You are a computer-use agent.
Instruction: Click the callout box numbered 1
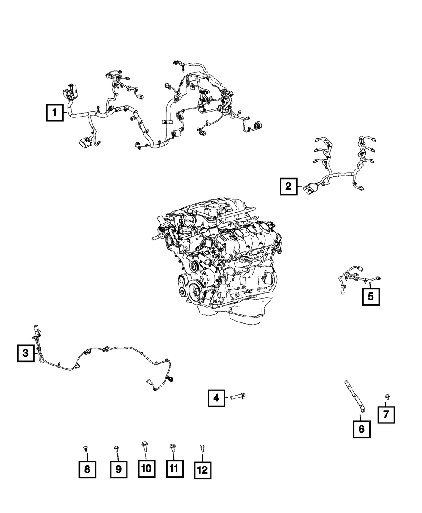(x=55, y=113)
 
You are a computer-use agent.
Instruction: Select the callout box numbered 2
(x=288, y=186)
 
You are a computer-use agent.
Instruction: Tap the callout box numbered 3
(x=26, y=353)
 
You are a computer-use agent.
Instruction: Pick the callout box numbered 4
(x=216, y=398)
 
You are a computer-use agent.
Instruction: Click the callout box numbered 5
(x=371, y=296)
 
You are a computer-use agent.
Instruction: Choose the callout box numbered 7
(x=386, y=415)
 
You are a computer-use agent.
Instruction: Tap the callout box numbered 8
(x=87, y=469)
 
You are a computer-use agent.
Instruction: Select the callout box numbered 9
(x=119, y=469)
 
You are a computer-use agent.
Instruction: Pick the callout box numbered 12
(x=203, y=470)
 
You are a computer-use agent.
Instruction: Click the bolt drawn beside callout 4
(x=238, y=396)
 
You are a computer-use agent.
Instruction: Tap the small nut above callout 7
(x=387, y=396)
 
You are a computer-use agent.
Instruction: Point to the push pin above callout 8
(x=86, y=448)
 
